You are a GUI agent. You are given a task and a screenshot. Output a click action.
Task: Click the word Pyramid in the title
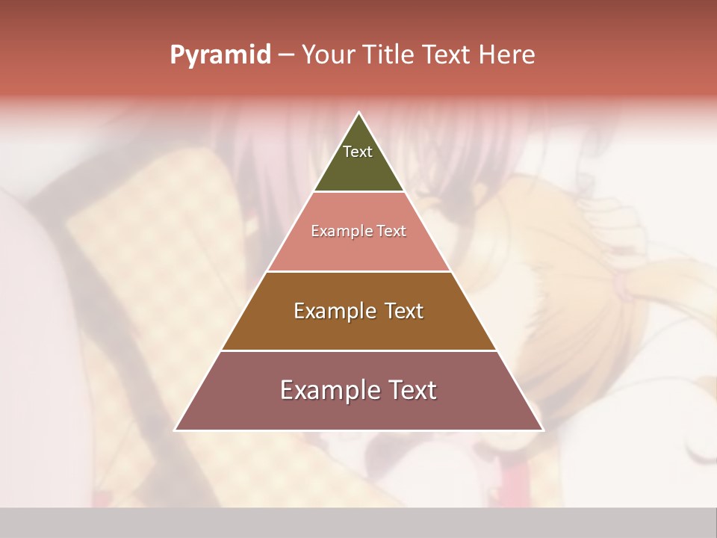pyautogui.click(x=220, y=55)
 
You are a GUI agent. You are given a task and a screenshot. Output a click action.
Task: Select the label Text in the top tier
pyautogui.click(x=358, y=152)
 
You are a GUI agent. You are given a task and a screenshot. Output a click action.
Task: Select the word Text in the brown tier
pyautogui.click(x=402, y=311)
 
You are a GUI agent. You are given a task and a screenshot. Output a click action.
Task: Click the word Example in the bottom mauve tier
pyautogui.click(x=324, y=390)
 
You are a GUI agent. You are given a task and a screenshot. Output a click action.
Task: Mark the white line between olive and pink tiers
pyautogui.click(x=358, y=192)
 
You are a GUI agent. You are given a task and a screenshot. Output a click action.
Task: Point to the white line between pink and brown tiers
pyautogui.click(x=358, y=271)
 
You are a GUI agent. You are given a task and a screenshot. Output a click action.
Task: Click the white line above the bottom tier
pyautogui.click(x=358, y=350)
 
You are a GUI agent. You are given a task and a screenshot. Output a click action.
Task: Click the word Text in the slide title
pyautogui.click(x=446, y=55)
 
